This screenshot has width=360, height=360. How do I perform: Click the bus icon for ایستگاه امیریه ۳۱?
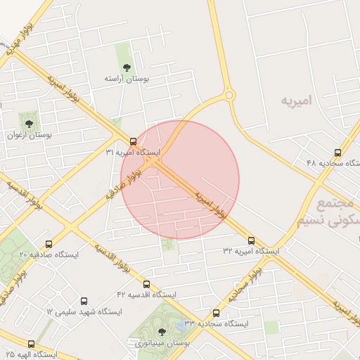pos(134,141)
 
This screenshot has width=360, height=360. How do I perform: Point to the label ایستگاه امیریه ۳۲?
pos(252,251)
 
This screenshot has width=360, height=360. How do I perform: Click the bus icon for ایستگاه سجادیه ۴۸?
pos(338,153)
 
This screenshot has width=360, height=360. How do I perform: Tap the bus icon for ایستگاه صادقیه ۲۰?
pos(49,243)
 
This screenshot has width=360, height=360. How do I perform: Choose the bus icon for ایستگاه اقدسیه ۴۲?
pos(146,284)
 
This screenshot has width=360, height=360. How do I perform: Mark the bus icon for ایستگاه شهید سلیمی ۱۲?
pos(84,300)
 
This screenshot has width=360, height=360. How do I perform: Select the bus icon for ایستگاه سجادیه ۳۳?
pos(216,313)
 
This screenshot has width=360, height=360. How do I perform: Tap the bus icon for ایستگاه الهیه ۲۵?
pos(31,344)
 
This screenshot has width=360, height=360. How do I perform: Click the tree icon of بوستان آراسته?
pos(126,67)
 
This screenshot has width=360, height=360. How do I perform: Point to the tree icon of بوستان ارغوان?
pos(29,123)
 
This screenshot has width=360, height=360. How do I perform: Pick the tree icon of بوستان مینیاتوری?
pos(162,331)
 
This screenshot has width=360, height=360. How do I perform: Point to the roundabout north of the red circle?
pos(229,95)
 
